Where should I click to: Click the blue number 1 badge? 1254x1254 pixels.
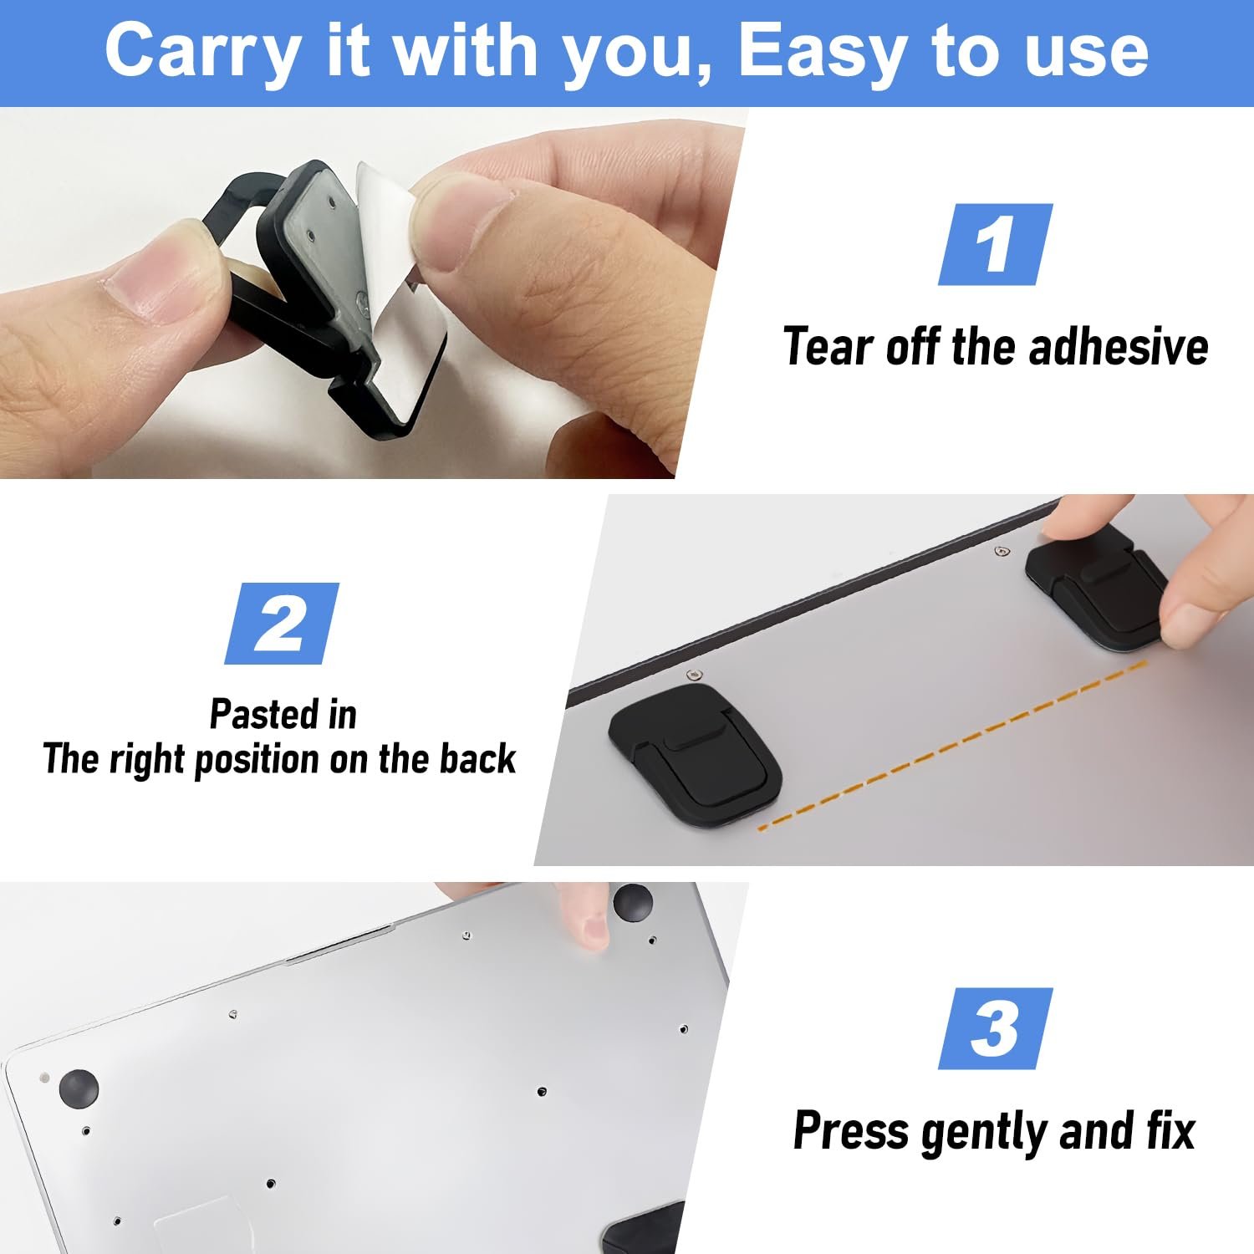click(995, 244)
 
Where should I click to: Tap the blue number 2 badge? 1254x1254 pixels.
click(282, 624)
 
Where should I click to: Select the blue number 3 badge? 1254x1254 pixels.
click(995, 1028)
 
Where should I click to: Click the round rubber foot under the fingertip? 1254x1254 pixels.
click(633, 901)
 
